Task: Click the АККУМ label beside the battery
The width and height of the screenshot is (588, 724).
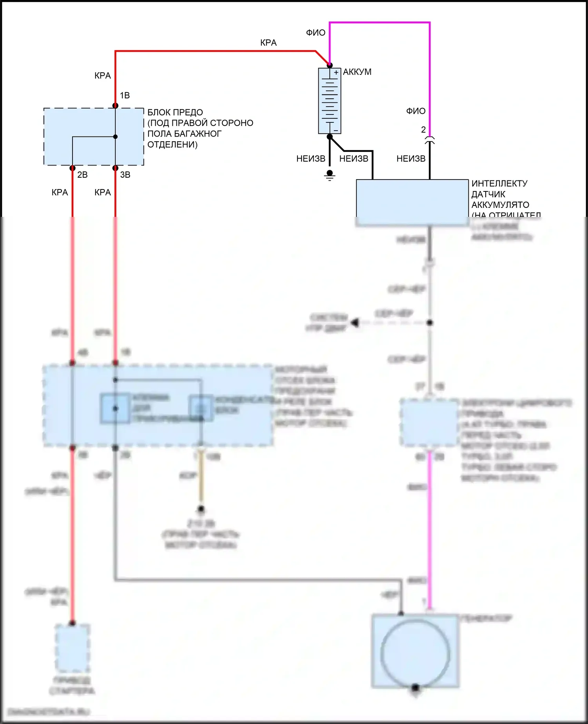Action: [357, 72]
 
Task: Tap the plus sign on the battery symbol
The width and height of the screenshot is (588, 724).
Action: [336, 73]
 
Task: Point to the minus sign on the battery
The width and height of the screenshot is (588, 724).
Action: [336, 130]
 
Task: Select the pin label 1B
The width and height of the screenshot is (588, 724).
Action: [125, 95]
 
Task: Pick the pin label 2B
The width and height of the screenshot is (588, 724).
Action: [82, 175]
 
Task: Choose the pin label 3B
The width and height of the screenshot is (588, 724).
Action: [125, 175]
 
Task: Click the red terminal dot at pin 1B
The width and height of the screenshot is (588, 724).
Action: [115, 106]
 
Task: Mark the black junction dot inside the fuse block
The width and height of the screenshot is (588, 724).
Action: [115, 137]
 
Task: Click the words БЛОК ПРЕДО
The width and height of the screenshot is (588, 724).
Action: [175, 113]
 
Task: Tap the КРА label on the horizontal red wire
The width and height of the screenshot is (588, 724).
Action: [268, 43]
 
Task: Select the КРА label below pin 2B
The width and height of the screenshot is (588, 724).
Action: [60, 192]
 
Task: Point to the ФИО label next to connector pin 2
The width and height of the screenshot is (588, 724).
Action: [416, 111]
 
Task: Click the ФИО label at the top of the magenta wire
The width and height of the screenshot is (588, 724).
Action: [316, 33]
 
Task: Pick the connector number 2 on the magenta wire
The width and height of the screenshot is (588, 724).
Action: [423, 129]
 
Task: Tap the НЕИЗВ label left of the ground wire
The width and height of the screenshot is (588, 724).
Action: [310, 158]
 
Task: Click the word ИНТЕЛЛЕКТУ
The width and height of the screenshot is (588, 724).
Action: [499, 184]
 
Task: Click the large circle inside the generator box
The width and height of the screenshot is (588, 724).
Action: [415, 653]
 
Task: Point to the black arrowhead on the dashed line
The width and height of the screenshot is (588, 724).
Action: [355, 323]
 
